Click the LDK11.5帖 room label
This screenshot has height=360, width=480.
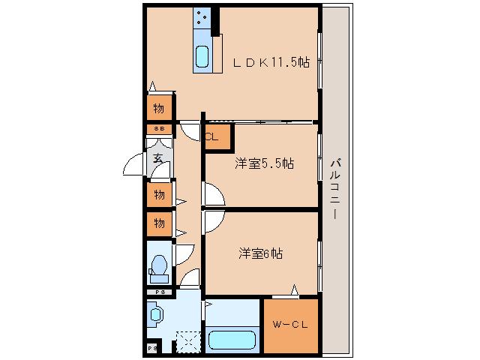[x=271, y=63]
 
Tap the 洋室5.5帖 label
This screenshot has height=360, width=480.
[x=264, y=163]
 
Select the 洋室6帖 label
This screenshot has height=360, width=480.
[x=261, y=253]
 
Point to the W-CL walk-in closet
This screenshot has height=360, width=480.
[x=290, y=325]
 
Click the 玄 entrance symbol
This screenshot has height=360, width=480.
[x=158, y=158]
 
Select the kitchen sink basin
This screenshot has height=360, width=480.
[x=202, y=56]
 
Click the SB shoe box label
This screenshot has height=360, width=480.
[x=158, y=129]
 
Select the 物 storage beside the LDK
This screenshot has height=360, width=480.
[x=159, y=108]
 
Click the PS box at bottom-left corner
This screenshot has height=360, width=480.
[x=151, y=349]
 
